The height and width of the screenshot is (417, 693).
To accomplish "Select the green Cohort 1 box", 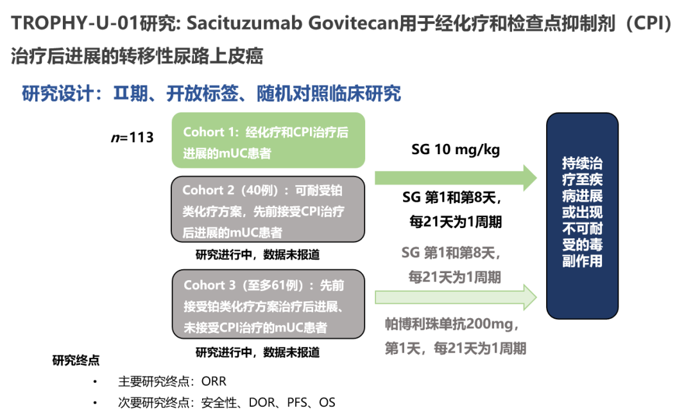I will tap(268, 140).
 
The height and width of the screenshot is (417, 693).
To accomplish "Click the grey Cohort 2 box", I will tap(268, 209).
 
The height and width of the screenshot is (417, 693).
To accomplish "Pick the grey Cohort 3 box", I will tap(268, 305).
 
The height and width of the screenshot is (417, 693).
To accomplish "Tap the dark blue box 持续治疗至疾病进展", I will tap(582, 215).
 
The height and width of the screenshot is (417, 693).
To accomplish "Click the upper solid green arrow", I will tap(456, 178).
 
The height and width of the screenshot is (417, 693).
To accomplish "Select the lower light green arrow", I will tap(456, 297).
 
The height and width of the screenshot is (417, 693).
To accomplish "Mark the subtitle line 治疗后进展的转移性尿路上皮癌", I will tap(137, 57).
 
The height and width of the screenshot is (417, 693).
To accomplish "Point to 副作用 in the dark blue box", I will tap(582, 262).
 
